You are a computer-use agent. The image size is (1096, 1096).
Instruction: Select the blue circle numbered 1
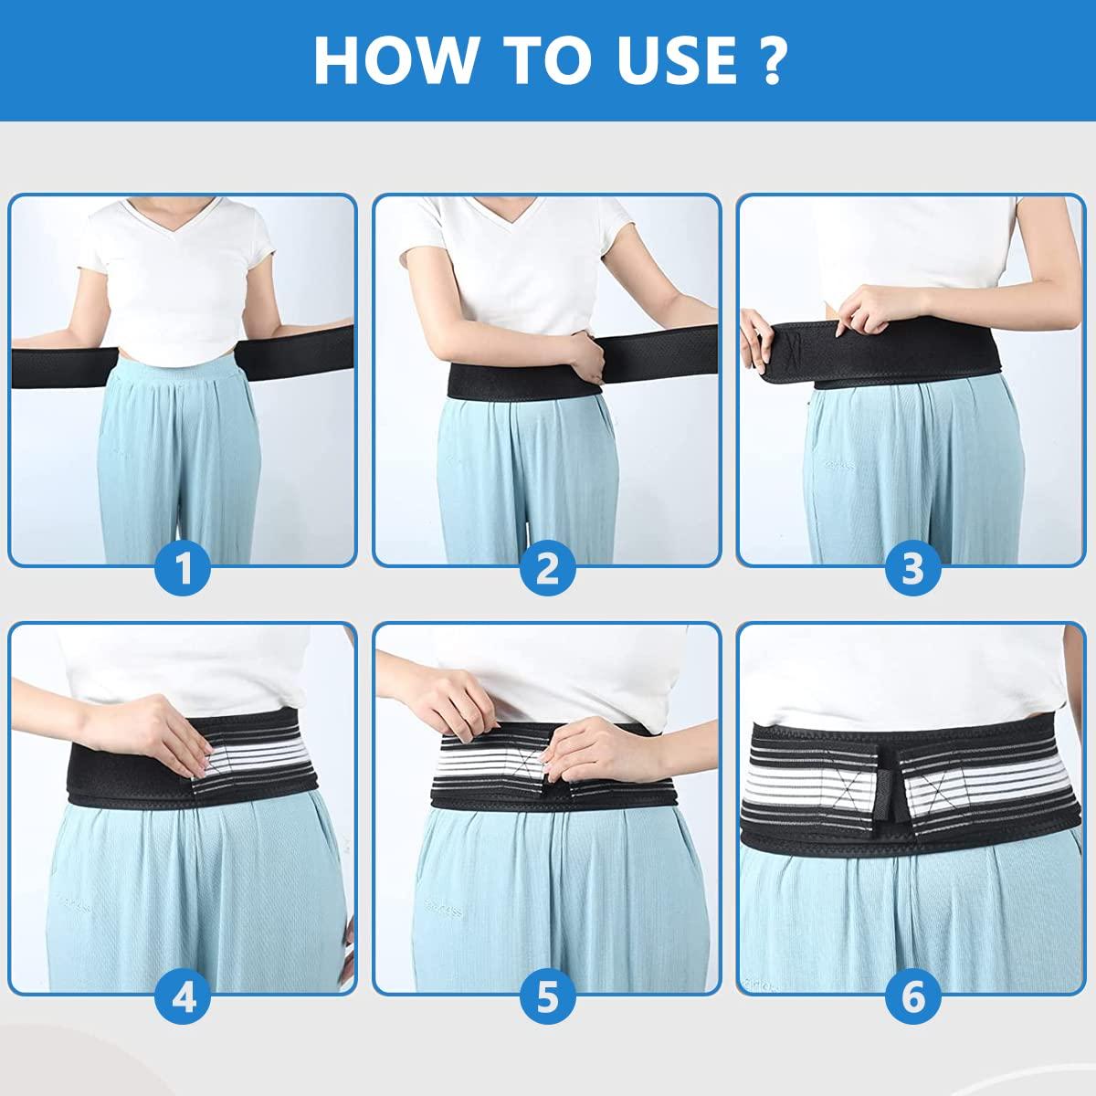[184, 569]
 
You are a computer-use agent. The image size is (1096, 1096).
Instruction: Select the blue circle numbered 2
[548, 569]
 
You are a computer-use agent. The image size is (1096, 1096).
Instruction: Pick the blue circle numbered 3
[912, 569]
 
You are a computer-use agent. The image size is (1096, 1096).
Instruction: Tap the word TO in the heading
[542, 59]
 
